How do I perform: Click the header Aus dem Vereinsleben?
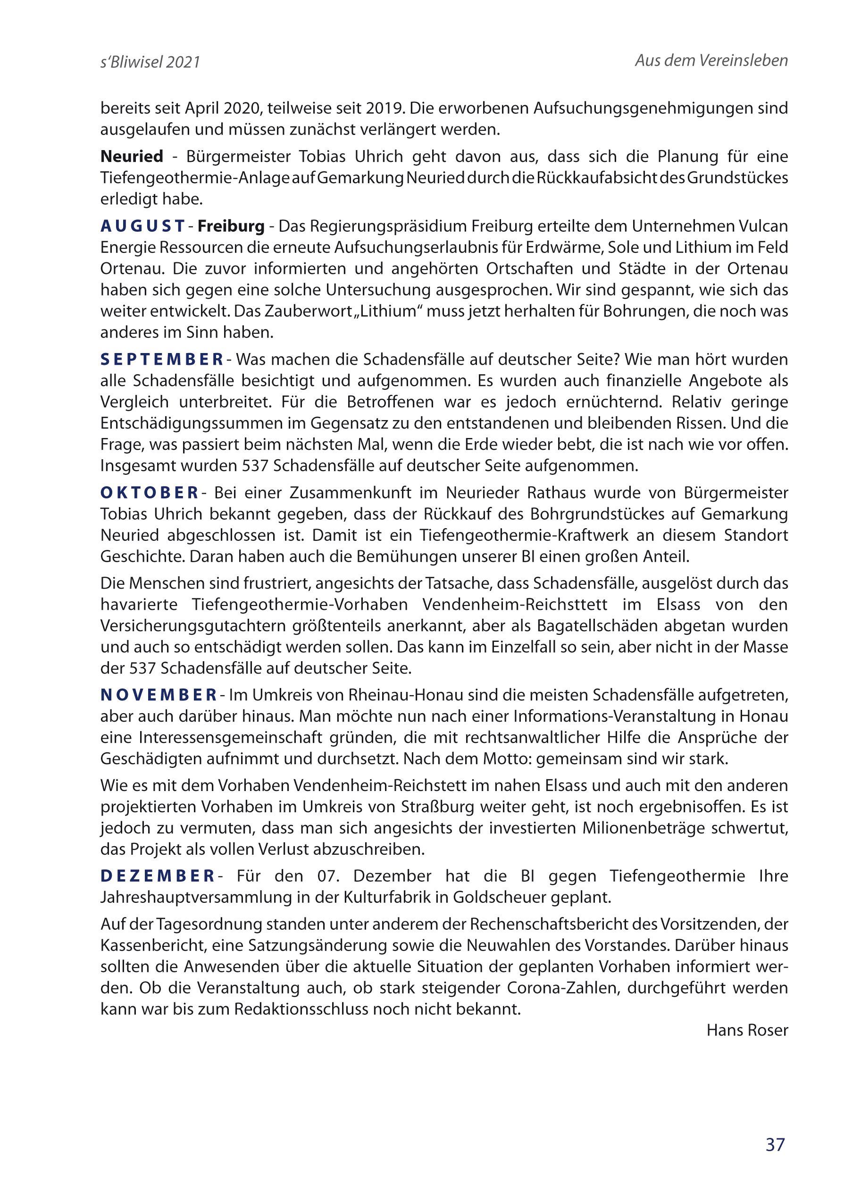tap(711, 60)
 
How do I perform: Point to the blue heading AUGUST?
tap(142, 227)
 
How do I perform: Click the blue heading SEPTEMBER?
tap(161, 360)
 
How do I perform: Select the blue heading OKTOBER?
tap(150, 493)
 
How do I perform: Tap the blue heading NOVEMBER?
tap(159, 694)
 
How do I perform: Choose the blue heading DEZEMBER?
tap(158, 876)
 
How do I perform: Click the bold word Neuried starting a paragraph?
tap(132, 157)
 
